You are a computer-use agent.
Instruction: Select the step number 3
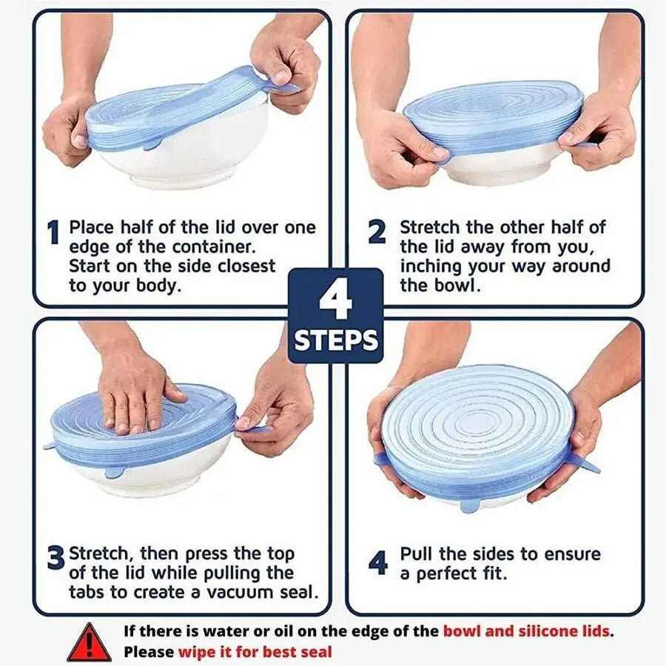55,559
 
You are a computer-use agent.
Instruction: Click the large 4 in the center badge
335,300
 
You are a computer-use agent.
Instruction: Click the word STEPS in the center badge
336,340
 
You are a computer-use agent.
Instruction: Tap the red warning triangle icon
90,642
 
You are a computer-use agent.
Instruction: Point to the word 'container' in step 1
205,247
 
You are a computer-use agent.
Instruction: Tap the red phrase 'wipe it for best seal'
255,652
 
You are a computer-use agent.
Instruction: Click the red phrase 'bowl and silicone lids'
527,631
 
